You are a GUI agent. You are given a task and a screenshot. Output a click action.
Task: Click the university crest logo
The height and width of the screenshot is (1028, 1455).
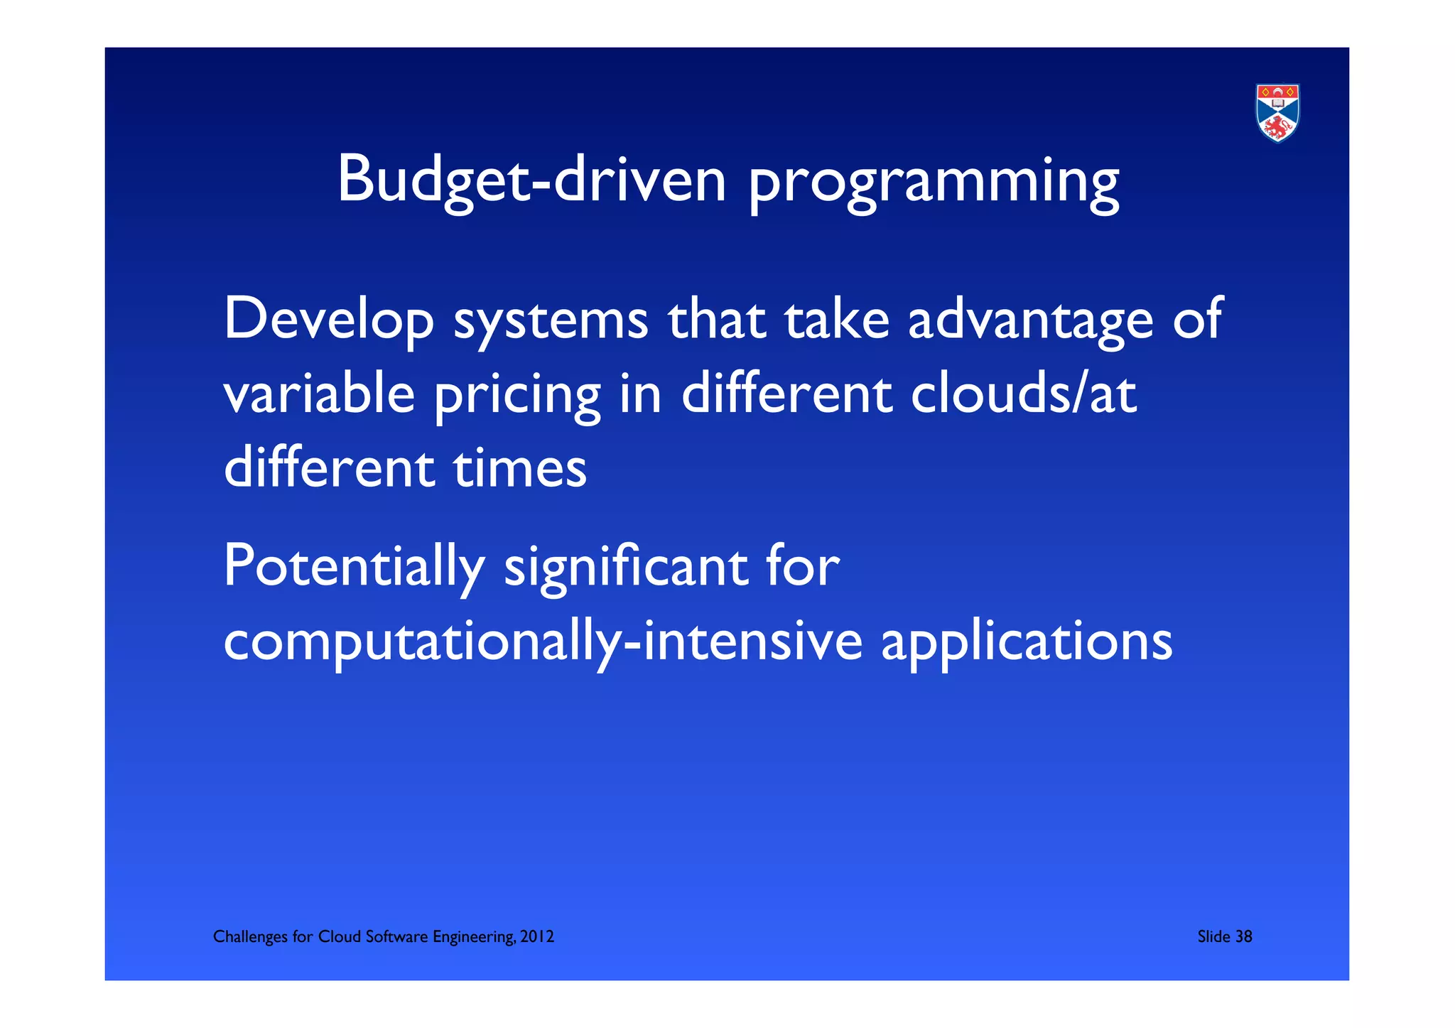tap(1277, 113)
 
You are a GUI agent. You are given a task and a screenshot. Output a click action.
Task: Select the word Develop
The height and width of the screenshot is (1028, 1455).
tap(328, 320)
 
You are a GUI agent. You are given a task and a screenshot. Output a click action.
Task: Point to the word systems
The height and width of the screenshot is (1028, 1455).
tap(551, 320)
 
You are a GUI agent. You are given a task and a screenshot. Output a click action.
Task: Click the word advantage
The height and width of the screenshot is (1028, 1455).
tap(1030, 320)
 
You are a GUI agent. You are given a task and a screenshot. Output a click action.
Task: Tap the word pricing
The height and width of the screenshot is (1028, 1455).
tap(517, 396)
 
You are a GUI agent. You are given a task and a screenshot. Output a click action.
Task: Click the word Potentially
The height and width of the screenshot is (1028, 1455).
tap(353, 566)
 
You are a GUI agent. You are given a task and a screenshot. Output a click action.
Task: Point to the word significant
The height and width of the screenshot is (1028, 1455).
tap(626, 568)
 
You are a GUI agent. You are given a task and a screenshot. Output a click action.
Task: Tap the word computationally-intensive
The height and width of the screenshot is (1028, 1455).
tap(543, 642)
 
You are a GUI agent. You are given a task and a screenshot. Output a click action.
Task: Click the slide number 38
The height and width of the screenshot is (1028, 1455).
tap(1243, 936)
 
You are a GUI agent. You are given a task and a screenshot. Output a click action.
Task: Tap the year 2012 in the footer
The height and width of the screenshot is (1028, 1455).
tap(537, 936)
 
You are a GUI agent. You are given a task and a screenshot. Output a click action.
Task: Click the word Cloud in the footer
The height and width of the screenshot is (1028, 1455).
tap(339, 936)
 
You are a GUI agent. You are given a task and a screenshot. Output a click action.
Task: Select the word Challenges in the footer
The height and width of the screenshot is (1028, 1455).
tap(250, 936)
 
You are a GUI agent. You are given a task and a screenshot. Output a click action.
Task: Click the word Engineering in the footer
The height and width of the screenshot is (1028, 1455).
tap(474, 937)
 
